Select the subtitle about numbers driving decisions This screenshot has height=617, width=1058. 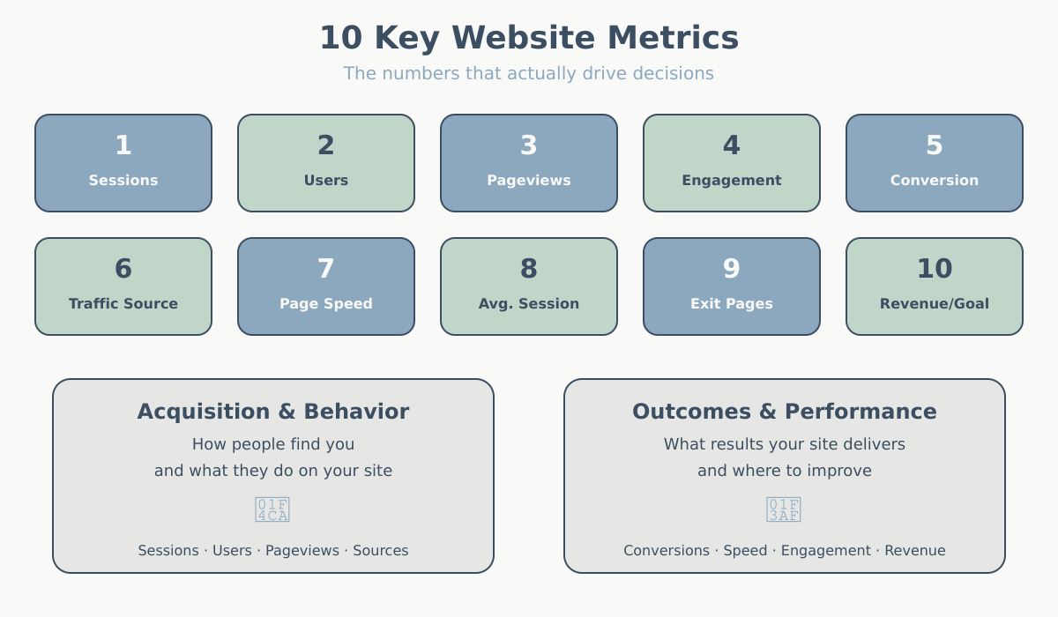tap(529, 73)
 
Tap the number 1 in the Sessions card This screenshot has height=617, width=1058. tap(123, 145)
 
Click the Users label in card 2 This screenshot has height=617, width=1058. tap(326, 181)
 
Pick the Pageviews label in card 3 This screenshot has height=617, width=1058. tap(529, 181)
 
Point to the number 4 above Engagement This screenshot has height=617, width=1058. tap(732, 145)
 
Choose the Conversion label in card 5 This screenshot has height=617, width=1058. tap(935, 181)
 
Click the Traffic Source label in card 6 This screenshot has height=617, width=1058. tap(123, 304)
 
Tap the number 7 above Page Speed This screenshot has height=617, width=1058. tap(326, 269)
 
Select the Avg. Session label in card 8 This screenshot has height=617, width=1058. tap(529, 304)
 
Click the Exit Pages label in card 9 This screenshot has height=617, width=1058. tap(732, 304)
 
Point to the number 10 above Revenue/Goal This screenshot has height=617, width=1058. tap(935, 269)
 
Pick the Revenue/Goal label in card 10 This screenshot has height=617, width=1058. tap(935, 304)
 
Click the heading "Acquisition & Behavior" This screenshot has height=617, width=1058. tap(273, 412)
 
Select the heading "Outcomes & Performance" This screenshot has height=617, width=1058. tap(785, 412)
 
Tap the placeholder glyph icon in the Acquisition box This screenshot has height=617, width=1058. tap(272, 509)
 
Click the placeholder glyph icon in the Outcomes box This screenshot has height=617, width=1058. tap(784, 509)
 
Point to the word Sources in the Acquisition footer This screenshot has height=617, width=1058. tap(381, 551)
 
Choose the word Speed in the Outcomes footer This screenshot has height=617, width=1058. tap(745, 551)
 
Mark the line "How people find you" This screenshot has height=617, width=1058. tap(273, 444)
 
